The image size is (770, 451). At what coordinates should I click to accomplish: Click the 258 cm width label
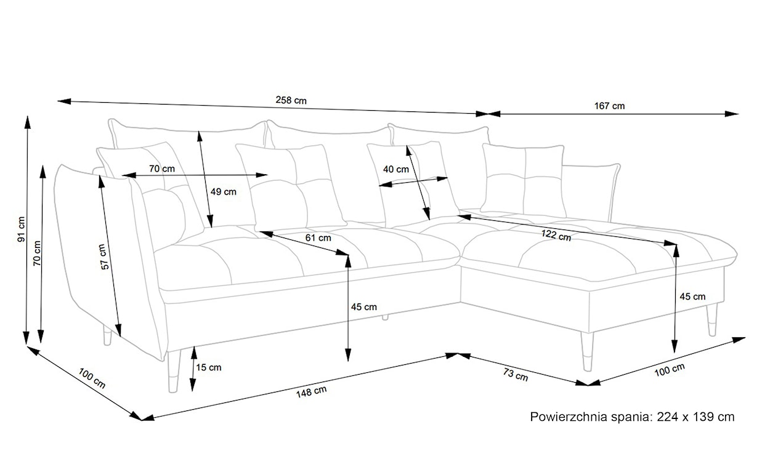pyautogui.click(x=291, y=101)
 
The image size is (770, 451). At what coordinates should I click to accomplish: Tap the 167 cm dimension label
pyautogui.click(x=609, y=106)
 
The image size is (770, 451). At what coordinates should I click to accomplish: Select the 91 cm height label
pyautogui.click(x=20, y=228)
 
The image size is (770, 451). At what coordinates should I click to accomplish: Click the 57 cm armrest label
pyautogui.click(x=105, y=257)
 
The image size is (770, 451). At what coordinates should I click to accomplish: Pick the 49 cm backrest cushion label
pyautogui.click(x=223, y=191)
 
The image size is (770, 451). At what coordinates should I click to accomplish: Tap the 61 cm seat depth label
pyautogui.click(x=318, y=237)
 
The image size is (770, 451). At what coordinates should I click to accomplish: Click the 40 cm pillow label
pyautogui.click(x=395, y=169)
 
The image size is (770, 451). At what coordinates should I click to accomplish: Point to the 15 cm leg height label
pyautogui.click(x=209, y=368)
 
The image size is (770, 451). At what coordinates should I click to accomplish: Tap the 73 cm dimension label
pyautogui.click(x=514, y=375)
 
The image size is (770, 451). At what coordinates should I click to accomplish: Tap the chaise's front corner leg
pyautogui.click(x=587, y=352)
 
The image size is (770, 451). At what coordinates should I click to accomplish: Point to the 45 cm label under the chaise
pyautogui.click(x=692, y=297)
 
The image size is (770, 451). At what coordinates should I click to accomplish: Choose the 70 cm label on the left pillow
pyautogui.click(x=162, y=169)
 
